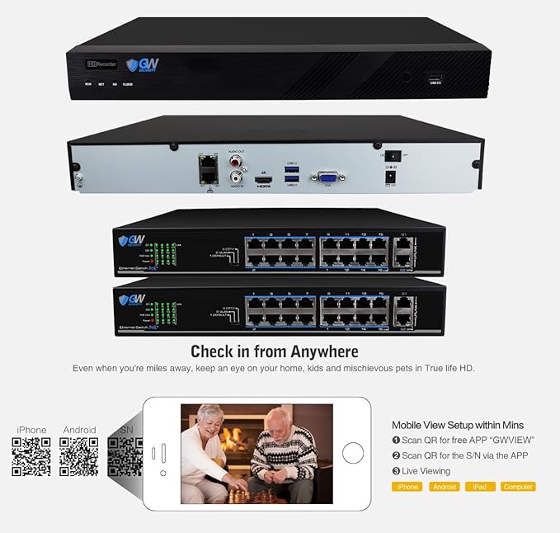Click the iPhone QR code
click(x=31, y=457)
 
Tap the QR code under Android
click(x=79, y=457)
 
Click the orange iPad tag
click(x=479, y=487)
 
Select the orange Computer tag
click(x=518, y=487)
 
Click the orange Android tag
click(x=444, y=487)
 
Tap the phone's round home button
click(x=353, y=453)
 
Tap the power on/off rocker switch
click(x=394, y=154)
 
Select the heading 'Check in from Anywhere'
click(x=274, y=351)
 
